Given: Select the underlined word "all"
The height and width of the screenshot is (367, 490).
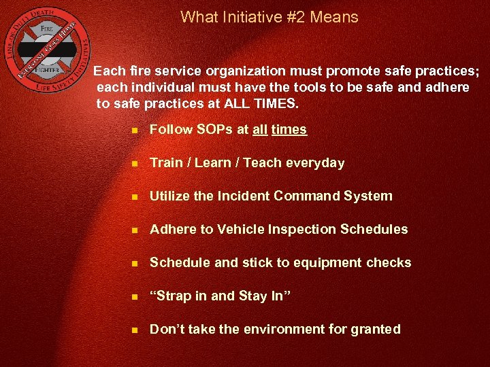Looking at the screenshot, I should click(259, 129).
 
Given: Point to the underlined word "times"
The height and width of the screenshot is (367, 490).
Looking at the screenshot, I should click(289, 129).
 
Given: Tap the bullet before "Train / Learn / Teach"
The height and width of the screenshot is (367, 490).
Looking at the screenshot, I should click(135, 164).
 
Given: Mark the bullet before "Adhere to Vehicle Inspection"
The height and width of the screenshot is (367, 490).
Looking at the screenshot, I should click(135, 230).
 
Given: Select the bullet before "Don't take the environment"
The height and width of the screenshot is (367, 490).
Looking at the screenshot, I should click(135, 330).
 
